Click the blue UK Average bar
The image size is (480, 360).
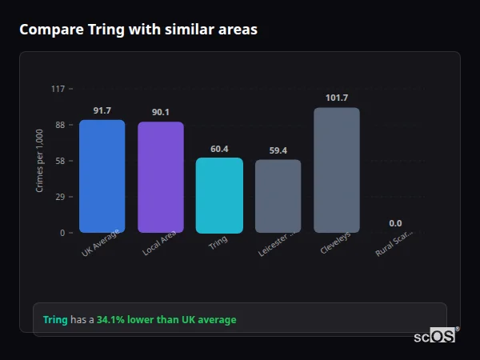pos(102,176)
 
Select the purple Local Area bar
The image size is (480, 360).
pos(161,177)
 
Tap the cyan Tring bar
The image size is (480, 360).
pos(219,195)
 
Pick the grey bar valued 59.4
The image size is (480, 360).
pos(278,196)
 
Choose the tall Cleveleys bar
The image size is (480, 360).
pos(337,170)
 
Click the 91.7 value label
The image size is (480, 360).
pos(102,110)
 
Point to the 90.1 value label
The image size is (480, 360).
pos(161,112)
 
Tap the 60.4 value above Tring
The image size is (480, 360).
pos(219,149)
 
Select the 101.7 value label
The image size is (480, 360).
pos(337,98)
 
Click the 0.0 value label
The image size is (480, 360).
pos(395,223)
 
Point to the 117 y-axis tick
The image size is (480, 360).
pos(58,89)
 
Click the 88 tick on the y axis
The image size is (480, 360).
pos(59,125)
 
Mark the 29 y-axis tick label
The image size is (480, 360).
pos(59,197)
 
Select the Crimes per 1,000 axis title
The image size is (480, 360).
pos(39,161)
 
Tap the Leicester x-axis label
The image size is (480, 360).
pos(277,245)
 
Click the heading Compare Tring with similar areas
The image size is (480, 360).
pos(138,30)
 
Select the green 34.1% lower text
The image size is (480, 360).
pos(166,320)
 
